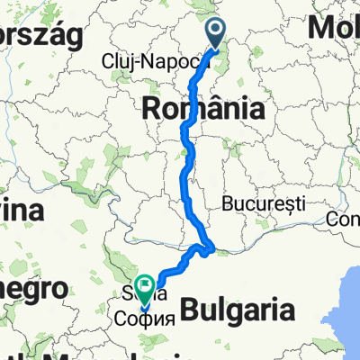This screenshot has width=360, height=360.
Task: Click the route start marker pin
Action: click(218, 33)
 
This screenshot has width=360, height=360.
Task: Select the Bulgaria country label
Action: click(238, 311)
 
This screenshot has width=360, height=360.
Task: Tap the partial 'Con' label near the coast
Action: click(344, 218)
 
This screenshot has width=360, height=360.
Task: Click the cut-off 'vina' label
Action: click(22, 211)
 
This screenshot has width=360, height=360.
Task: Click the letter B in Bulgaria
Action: click(189, 311)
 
